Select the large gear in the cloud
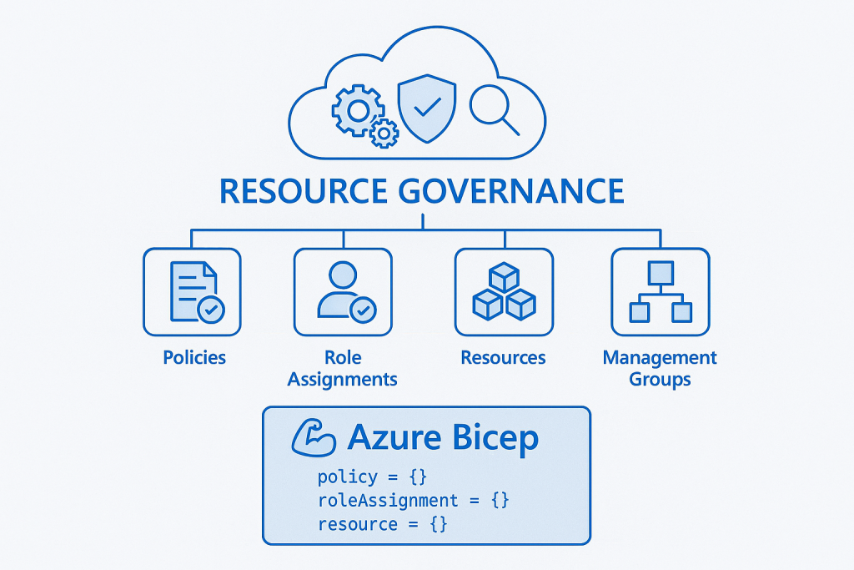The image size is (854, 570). pos(358,108)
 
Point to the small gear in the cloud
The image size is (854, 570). pos(384,133)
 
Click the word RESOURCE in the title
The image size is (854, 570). pos(303,191)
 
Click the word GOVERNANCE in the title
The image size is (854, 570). pos(511,191)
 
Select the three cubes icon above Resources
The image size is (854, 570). pos(503,292)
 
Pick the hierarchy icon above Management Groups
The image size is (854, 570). pos(661,292)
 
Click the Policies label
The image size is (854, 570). pos(194,357)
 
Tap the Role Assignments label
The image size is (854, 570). pos(343,368)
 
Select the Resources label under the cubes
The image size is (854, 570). pos(503,357)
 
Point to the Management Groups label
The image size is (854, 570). pos(660,368)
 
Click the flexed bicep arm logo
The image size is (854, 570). pos(313,438)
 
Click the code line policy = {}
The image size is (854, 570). pos(372,477)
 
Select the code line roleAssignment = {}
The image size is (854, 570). pos(413,501)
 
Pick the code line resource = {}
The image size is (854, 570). pos(382,524)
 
